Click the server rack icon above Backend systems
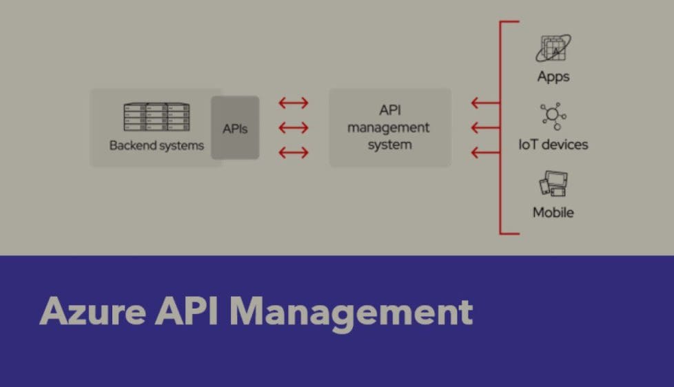coord(156,117)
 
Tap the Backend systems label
coord(156,145)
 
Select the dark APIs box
coord(235,128)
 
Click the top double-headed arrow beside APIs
coord(294,103)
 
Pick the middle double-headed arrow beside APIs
coord(294,127)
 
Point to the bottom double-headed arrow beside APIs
coord(294,152)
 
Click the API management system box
coord(390,127)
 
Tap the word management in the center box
coord(389,127)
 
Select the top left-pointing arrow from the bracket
coord(485,103)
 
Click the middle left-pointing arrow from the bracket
coord(485,127)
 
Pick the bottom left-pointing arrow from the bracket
coord(485,152)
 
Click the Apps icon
coord(553,48)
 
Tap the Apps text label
coord(553,76)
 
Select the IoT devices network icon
coord(553,116)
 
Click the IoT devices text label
coord(553,145)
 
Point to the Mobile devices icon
coord(553,185)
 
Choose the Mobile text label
coord(553,212)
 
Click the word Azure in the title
coord(92,312)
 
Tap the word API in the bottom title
coord(187,312)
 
